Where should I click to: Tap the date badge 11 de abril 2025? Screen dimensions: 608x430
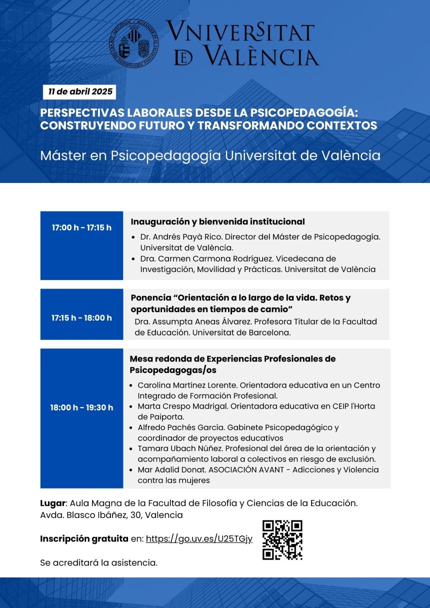pos(79,92)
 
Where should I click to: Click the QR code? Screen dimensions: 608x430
pos(282,539)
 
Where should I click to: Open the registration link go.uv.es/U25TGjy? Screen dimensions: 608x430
pos(198,539)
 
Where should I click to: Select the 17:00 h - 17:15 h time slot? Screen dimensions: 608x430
pos(81,228)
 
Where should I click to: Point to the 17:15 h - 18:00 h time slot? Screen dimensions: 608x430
pos(81,318)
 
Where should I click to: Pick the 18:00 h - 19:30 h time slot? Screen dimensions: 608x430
pos(81,407)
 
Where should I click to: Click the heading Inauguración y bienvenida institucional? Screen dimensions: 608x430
pos(217,221)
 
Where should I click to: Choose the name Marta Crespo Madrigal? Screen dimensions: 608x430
pos(182,406)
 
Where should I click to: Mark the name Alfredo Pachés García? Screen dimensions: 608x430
pos(182,427)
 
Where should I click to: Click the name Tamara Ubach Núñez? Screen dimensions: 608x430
pos(181,448)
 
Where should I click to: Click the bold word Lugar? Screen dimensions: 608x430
pos(52,503)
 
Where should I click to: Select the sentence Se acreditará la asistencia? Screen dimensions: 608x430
pos(98,563)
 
